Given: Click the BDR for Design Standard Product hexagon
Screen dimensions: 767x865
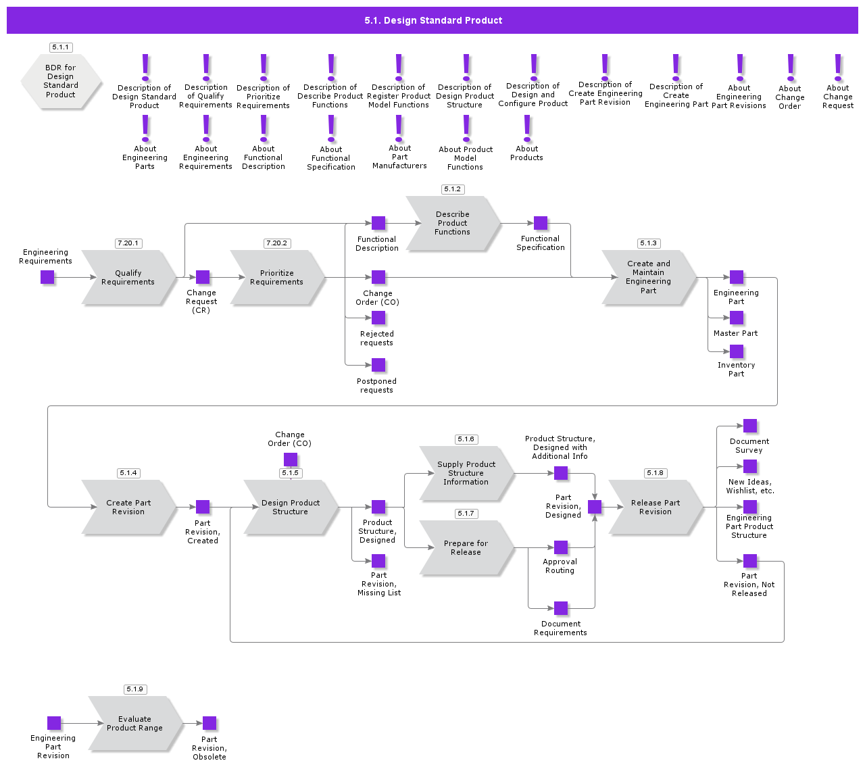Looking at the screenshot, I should tap(61, 81).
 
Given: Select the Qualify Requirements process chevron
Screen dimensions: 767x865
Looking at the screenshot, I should tap(128, 278).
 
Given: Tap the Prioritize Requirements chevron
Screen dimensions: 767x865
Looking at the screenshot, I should tap(277, 278).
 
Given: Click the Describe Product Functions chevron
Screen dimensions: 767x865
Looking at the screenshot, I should tap(453, 224).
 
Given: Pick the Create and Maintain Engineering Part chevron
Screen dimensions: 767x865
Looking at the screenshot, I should tap(649, 278).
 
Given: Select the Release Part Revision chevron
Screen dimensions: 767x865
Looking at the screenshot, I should tap(656, 508).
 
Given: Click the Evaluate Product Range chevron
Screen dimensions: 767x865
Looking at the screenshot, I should tap(135, 724).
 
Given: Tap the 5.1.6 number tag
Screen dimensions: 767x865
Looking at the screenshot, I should tap(466, 439).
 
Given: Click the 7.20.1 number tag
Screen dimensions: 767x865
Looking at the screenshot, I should tap(128, 243).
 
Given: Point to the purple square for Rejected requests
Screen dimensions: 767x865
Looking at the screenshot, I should tap(378, 318).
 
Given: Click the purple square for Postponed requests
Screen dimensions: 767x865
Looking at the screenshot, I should tap(378, 365).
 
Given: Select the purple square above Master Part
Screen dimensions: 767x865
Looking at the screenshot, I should tap(737, 318).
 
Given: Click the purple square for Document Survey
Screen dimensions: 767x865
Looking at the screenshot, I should tap(750, 426).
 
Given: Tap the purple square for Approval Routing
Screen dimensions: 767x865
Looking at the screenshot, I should tap(561, 547).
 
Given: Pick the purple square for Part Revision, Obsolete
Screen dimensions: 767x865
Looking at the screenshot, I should tap(209, 723).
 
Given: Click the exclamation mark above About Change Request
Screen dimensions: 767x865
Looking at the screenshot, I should tap(838, 68).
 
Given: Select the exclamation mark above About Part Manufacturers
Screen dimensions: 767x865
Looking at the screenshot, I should tap(399, 128).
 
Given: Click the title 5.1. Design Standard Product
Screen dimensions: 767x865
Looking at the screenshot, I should tap(432, 20).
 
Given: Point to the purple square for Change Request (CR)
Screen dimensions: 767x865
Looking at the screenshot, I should tap(203, 277).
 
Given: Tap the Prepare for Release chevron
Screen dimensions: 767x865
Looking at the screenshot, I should tap(466, 548).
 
